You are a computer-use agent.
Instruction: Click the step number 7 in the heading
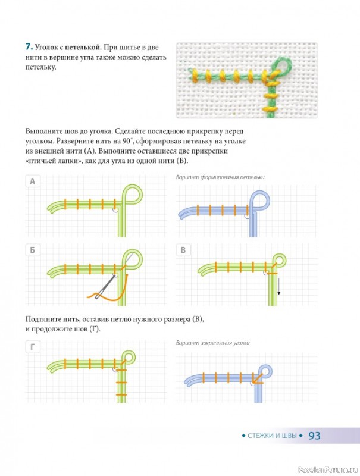29,47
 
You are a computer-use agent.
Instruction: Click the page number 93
314,436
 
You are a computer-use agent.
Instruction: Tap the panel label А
33,181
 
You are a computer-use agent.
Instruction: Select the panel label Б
33,250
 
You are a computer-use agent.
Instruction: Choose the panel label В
183,250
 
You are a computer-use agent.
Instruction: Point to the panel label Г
33,347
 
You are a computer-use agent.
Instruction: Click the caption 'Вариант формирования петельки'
220,177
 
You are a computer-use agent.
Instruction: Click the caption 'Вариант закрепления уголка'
213,343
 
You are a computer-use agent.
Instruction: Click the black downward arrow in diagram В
278,286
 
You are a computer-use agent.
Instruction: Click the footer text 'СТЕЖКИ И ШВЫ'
272,436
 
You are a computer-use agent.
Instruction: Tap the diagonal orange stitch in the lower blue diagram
257,378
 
